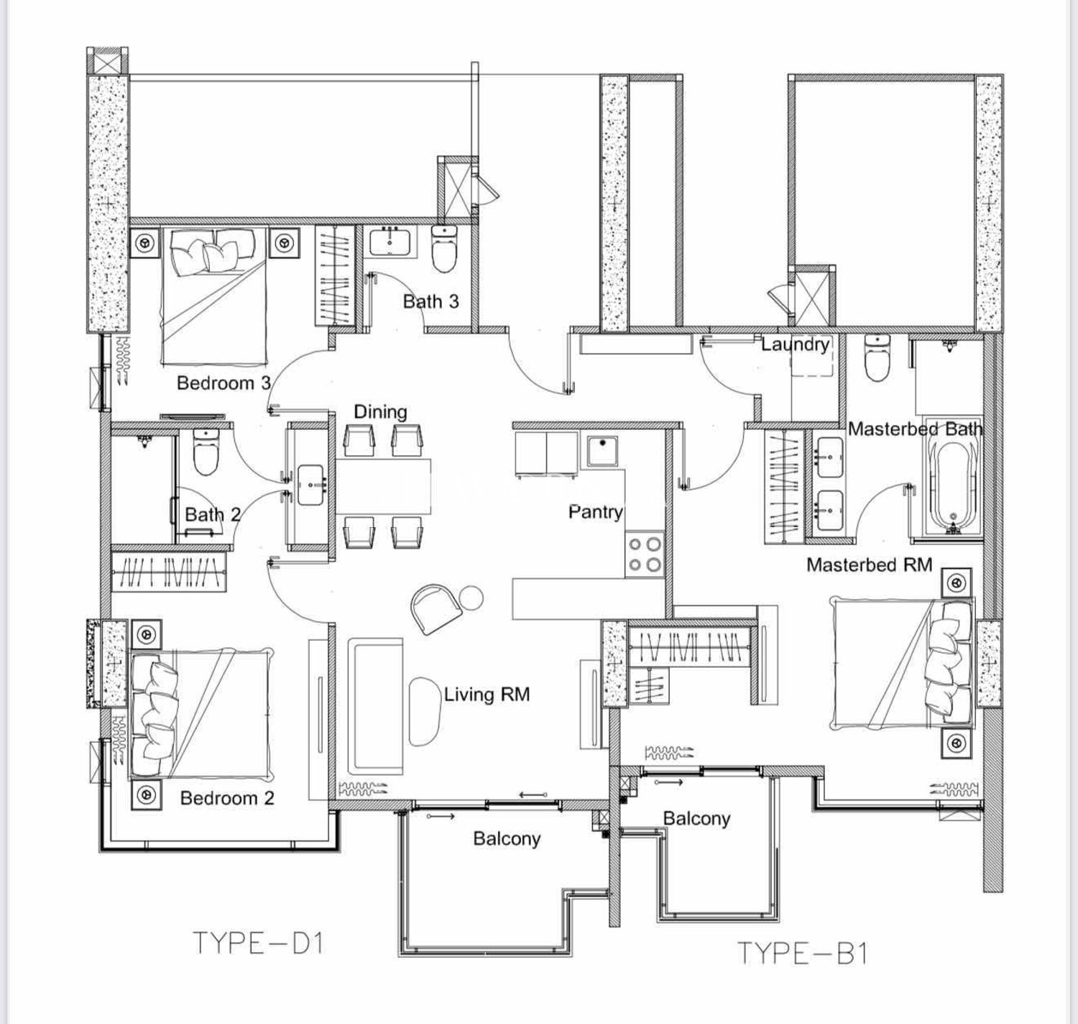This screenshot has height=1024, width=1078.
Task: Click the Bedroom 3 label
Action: [224, 383]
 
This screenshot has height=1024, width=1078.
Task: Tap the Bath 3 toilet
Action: [443, 249]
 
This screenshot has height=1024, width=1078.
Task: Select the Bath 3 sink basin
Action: [390, 242]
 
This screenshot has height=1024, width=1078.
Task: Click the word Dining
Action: [381, 412]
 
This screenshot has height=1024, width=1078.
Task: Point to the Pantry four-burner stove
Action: [644, 554]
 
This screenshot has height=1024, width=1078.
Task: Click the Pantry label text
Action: [596, 512]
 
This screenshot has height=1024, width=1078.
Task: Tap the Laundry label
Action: [795, 344]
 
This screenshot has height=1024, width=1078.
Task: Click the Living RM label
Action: [487, 695]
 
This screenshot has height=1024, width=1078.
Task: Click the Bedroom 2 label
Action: [227, 798]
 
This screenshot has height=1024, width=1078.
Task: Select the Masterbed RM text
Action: [869, 564]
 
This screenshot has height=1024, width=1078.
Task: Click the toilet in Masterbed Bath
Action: [876, 357]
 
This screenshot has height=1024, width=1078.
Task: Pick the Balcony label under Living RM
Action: [507, 838]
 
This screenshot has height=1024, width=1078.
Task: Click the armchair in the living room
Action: [435, 608]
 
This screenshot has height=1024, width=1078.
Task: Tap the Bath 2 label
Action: [213, 514]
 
